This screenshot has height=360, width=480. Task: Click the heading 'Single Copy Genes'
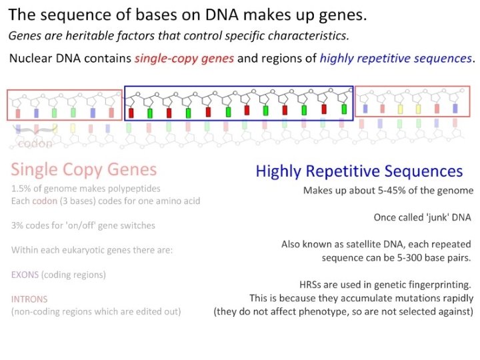pyautogui.click(x=84, y=169)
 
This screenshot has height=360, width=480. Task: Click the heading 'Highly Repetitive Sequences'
pyautogui.click(x=359, y=171)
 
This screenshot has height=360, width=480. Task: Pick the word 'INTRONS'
pyautogui.click(x=29, y=299)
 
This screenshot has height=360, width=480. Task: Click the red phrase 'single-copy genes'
pyautogui.click(x=184, y=58)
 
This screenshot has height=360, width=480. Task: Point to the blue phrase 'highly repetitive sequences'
pyautogui.click(x=395, y=58)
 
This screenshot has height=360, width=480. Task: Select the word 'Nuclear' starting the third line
pyautogui.click(x=29, y=58)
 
